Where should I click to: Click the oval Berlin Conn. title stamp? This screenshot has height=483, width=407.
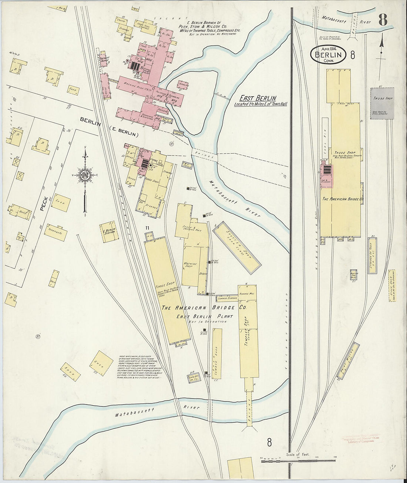point(328,55)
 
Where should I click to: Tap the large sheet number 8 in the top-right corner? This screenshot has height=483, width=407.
point(383,20)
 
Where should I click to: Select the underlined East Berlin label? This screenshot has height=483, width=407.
point(258,98)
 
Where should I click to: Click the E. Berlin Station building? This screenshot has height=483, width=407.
point(109,232)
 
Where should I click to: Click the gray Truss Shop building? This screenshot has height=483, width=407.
point(382,103)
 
